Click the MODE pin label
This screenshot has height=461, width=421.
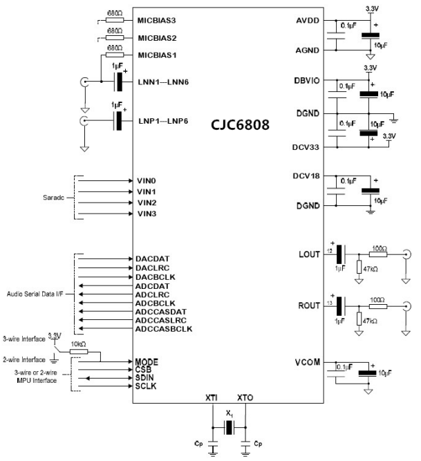coord(147,361)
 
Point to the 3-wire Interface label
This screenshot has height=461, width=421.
coord(24,339)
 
